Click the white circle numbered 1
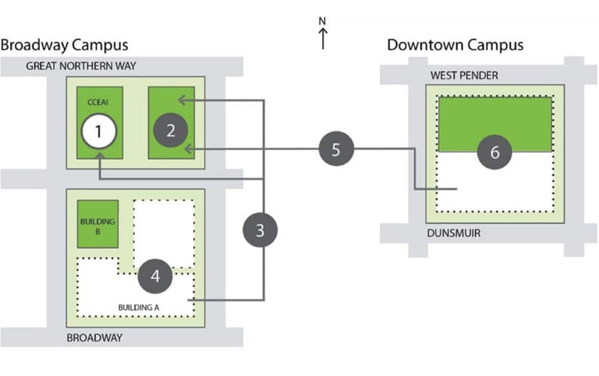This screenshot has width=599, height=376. click(x=99, y=131)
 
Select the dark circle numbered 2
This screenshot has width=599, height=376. click(x=170, y=130)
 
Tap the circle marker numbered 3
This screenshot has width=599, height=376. click(x=260, y=230)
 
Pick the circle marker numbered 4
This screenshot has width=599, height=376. click(x=155, y=276)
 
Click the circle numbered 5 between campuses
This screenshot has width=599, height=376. click(x=335, y=149)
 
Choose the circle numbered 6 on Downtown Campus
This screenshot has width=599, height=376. click(x=494, y=152)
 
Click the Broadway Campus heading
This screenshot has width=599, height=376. click(x=64, y=45)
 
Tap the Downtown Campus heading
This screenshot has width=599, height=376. click(x=455, y=45)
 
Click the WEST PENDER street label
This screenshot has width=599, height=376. click(x=464, y=75)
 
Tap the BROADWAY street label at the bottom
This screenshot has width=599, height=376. click(x=95, y=337)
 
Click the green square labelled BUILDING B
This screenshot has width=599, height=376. click(x=98, y=223)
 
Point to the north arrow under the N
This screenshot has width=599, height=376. click(x=323, y=39)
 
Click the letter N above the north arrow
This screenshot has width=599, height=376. click(x=323, y=21)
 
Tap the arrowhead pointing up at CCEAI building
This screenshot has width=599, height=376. click(x=99, y=155)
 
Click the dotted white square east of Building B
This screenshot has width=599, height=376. click(x=164, y=233)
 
